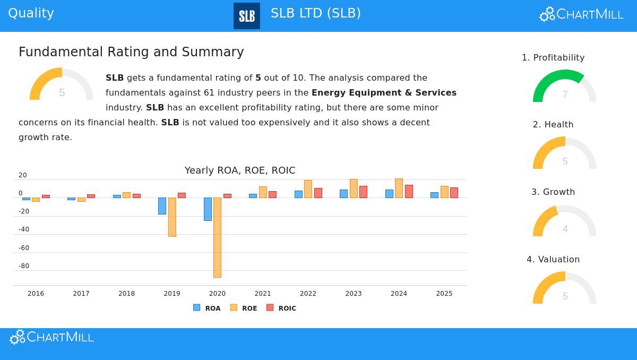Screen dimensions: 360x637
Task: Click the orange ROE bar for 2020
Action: (217, 237)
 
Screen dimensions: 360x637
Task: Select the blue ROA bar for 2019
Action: (162, 206)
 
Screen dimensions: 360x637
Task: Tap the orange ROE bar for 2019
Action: (172, 217)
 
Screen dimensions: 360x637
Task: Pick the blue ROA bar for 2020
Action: (208, 209)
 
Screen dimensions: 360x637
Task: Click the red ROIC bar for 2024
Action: (409, 191)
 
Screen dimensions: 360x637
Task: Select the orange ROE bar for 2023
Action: (354, 188)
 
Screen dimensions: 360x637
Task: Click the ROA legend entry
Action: (207, 308)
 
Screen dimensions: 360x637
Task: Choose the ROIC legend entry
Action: (281, 308)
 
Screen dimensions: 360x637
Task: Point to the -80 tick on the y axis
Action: (24, 266)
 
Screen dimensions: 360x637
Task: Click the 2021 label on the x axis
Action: (263, 294)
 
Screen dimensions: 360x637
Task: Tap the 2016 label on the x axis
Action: (36, 294)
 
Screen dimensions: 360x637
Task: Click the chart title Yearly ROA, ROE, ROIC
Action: (240, 170)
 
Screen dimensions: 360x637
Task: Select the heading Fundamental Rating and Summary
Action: (131, 52)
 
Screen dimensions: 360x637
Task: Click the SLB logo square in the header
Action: (247, 16)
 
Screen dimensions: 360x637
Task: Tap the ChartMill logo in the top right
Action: (581, 14)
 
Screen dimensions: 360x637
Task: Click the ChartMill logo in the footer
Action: (51, 337)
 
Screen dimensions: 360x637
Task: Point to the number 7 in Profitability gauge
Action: (565, 95)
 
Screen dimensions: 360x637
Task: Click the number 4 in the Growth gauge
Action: (565, 229)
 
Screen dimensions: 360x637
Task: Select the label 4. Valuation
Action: (553, 259)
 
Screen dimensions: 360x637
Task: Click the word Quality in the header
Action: (31, 13)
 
